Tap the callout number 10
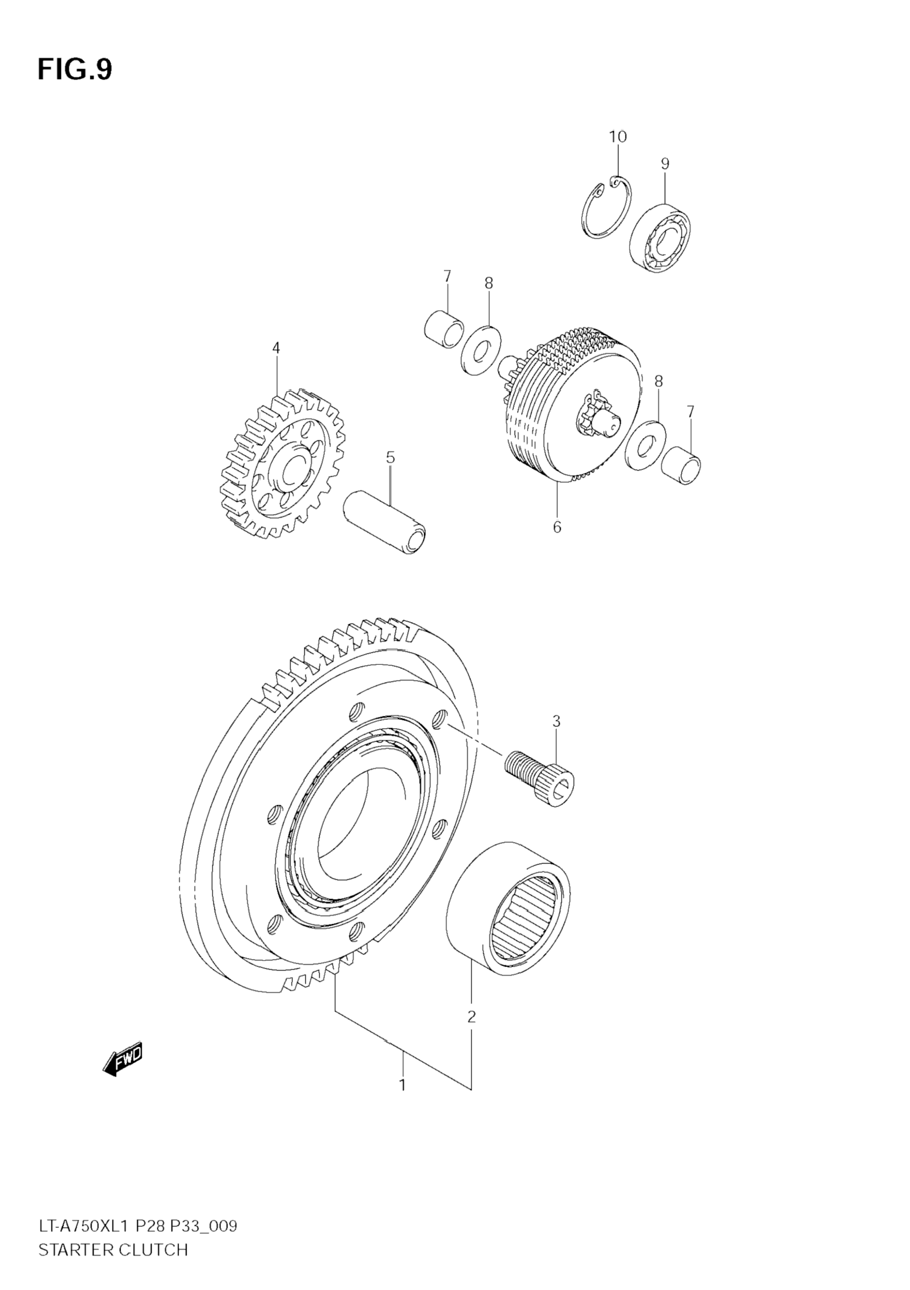[x=617, y=137]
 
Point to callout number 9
[x=664, y=163]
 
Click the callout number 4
[x=276, y=348]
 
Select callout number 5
[x=390, y=458]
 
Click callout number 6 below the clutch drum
[x=557, y=527]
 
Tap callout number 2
[x=471, y=1017]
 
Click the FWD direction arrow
[x=123, y=1059]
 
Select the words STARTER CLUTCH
[x=113, y=1251]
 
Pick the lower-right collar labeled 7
[x=681, y=465]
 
